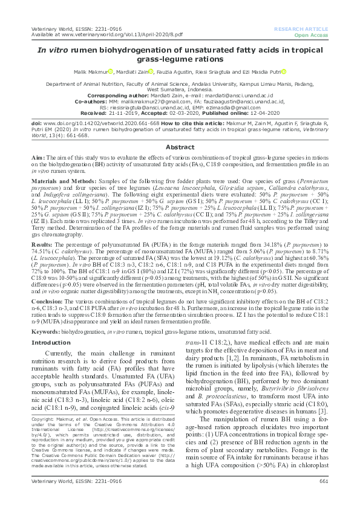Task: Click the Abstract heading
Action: (180, 148)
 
